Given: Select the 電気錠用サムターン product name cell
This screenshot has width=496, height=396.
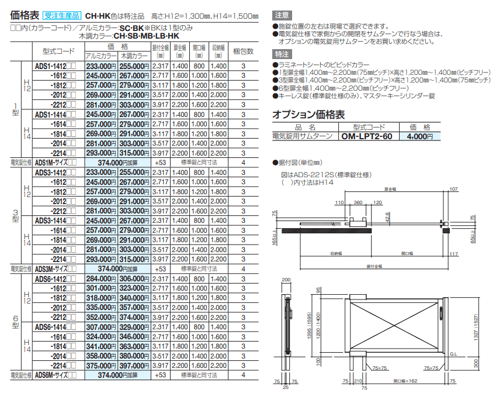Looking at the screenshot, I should pos(306,136).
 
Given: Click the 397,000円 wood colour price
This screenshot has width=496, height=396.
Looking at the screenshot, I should pos(134,366).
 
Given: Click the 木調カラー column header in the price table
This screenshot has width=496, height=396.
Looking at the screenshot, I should pos(134,56).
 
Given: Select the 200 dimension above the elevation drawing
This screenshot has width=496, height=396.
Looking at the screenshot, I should pos(286,280).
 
